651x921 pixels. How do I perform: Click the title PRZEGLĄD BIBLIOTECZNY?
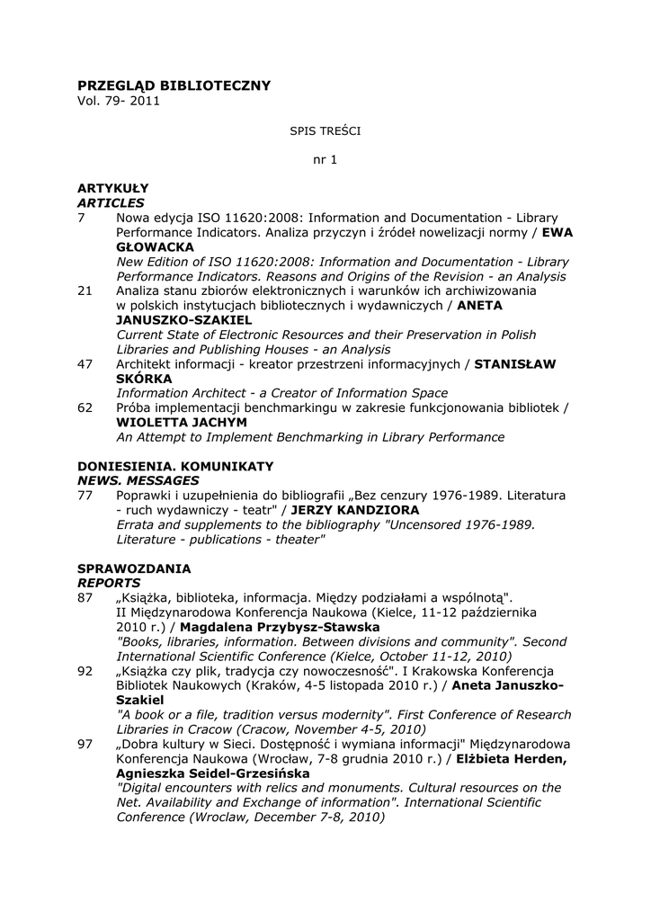click(x=174, y=85)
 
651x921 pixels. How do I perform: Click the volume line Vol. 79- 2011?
click(x=119, y=101)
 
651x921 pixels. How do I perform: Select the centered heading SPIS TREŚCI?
click(x=325, y=130)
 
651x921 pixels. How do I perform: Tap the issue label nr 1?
click(x=325, y=160)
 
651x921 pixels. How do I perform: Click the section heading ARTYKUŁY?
click(x=112, y=188)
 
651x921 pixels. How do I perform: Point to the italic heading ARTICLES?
click(x=111, y=203)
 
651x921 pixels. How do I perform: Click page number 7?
click(x=82, y=218)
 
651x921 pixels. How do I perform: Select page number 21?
click(x=85, y=291)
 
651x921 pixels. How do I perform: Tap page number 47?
click(x=85, y=363)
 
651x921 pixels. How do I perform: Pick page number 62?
click(x=85, y=407)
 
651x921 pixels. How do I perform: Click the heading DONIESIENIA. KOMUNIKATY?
click(x=175, y=466)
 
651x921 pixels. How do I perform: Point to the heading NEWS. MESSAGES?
click(x=138, y=481)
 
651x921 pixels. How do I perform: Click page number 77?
click(x=85, y=496)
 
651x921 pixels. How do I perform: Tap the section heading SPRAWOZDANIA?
click(x=134, y=568)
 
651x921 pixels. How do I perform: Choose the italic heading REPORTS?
click(x=108, y=583)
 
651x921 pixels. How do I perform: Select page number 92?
click(x=85, y=671)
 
